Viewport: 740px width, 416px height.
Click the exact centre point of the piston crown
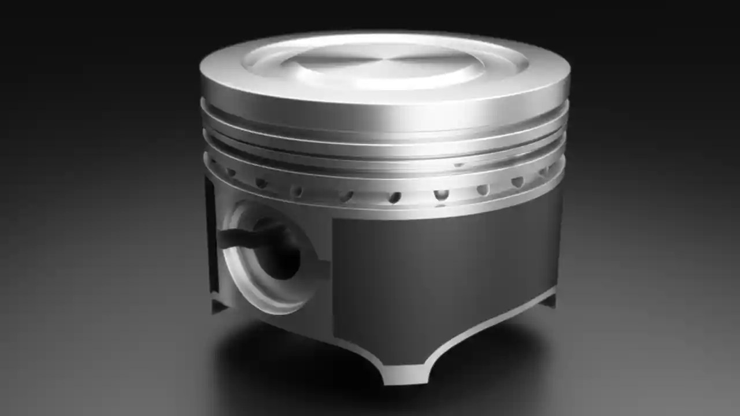[x=386, y=60]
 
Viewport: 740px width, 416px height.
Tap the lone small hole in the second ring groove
[x=458, y=165]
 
